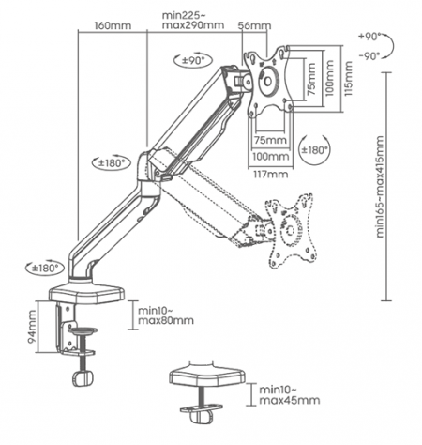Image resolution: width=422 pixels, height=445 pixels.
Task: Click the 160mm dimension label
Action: (113, 25)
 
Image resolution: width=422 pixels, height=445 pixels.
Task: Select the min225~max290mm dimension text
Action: (192, 20)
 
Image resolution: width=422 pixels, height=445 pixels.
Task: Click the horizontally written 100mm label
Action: (270, 156)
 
